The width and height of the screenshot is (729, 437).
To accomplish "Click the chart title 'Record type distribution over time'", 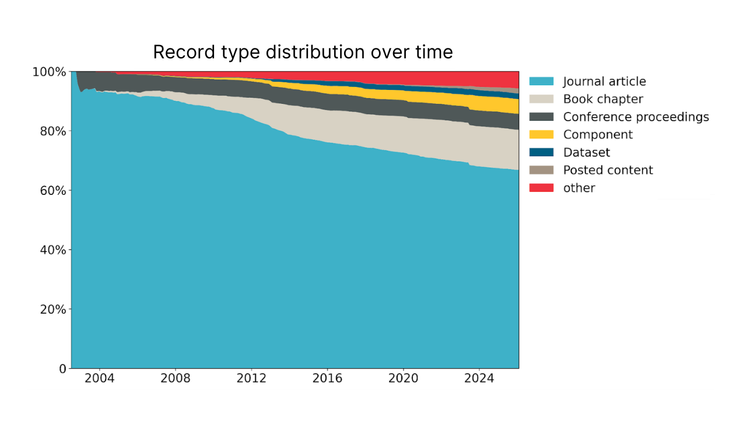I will pos(303,52).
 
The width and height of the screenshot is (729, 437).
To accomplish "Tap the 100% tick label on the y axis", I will pos(50,72).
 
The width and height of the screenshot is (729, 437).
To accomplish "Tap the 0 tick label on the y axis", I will pos(62,369).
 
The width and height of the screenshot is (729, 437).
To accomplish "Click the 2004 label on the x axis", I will pos(100,379).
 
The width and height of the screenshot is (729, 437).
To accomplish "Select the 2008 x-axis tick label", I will pos(176,379).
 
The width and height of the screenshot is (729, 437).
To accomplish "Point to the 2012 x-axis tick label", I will pos(251,379).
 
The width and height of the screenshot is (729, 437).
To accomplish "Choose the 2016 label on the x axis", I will pos(327,379).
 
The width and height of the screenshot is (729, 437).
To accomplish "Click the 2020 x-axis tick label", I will pos(403,379).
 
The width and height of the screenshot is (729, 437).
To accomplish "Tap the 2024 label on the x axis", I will pos(479,379).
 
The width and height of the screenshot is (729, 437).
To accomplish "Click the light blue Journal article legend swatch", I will pos(541,81).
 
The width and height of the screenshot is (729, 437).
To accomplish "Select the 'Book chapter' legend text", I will pos(603,99).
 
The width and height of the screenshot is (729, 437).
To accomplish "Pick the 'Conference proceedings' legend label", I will pos(636,117).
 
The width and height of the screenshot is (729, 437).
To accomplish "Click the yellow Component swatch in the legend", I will pos(541,134).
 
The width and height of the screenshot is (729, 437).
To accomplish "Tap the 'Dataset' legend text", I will pos(586,152).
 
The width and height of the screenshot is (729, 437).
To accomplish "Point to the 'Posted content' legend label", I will pos(608,170).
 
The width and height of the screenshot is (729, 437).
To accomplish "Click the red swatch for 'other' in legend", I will pos(541,188).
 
